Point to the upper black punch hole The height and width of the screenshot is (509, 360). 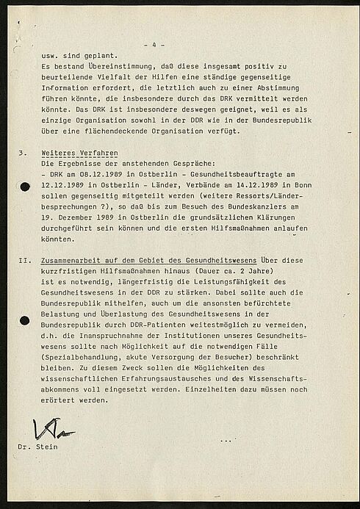coord(24,187)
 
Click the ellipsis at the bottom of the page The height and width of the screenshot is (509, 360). coord(226,441)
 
